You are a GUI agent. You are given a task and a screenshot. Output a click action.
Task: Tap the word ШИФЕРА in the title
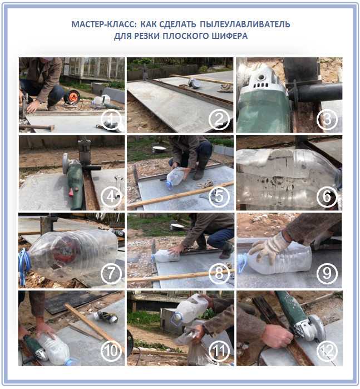229,36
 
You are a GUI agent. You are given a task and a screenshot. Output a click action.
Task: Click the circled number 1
111,120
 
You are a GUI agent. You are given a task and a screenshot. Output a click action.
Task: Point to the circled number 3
327,120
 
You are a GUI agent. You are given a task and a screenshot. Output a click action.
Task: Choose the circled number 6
327,196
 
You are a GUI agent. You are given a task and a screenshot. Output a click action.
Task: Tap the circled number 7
111,273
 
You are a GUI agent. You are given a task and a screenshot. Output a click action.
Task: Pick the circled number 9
327,273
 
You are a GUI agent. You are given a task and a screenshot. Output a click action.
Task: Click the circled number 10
111,351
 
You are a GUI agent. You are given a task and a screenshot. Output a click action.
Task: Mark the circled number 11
219,351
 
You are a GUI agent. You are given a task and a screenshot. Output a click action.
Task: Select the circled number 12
327,351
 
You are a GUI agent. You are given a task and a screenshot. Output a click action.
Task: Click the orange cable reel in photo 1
72,97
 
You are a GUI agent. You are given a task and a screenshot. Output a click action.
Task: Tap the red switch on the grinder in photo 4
72,191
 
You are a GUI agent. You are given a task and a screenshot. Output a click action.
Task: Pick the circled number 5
219,196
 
